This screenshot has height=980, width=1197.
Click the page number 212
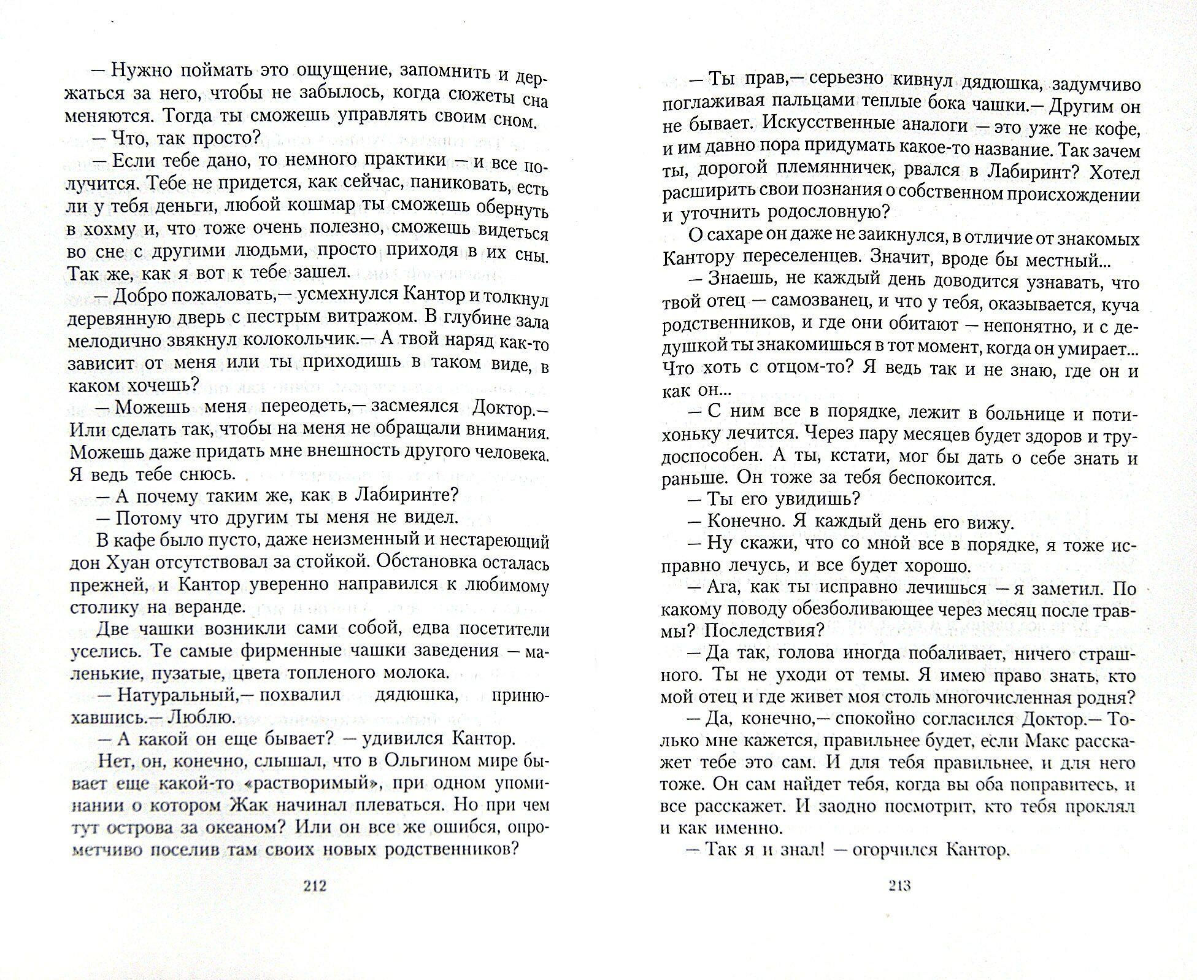[x=311, y=885]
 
